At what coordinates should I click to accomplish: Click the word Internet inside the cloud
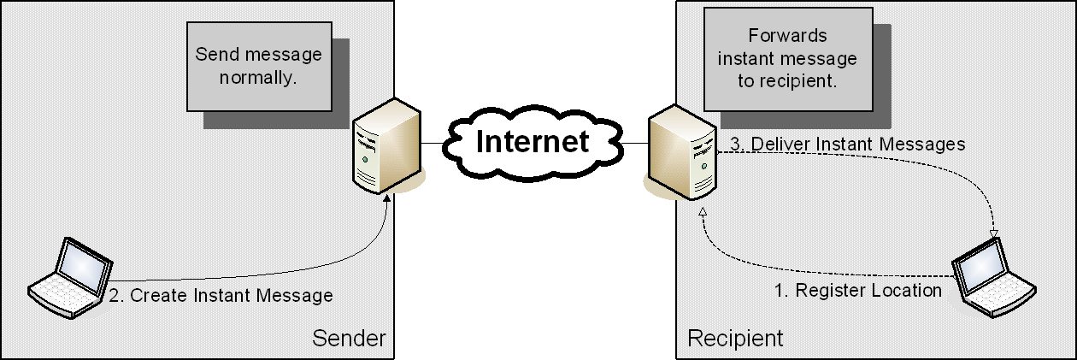coord(533,141)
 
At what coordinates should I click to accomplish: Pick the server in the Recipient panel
coord(681,152)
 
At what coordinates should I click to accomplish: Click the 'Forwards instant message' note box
coord(787,59)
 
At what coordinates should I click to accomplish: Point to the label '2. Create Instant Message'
coord(221,296)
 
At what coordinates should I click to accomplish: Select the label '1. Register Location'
coord(857,291)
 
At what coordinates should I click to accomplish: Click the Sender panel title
coord(349,339)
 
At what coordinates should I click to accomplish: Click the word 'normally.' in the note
coord(258,78)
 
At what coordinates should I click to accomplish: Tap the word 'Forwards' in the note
coord(787,36)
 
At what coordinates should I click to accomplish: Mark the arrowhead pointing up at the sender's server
coord(390,198)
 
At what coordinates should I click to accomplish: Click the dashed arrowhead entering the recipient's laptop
coord(994,233)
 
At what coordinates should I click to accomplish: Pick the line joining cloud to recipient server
coord(633,142)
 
